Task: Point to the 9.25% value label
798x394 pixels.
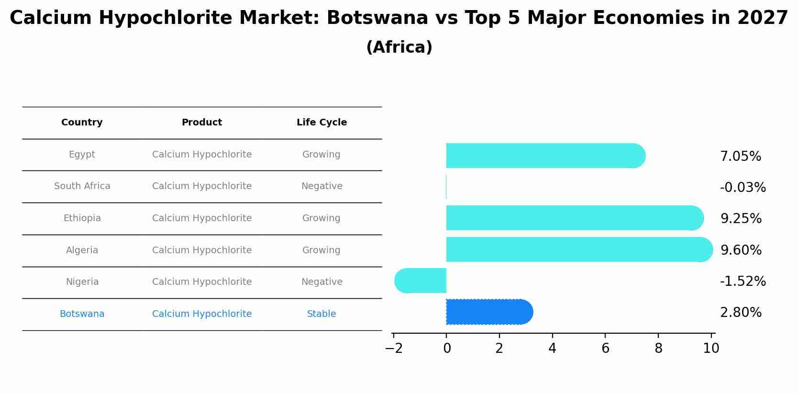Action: pyautogui.click(x=741, y=219)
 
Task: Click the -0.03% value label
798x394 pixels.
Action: pyautogui.click(x=743, y=188)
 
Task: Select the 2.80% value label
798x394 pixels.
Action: pyautogui.click(x=741, y=313)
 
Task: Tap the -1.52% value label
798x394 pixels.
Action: pyautogui.click(x=743, y=281)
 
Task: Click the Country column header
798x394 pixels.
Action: pyautogui.click(x=82, y=123)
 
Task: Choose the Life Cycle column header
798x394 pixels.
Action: pyautogui.click(x=321, y=123)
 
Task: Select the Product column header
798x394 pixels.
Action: pyautogui.click(x=201, y=123)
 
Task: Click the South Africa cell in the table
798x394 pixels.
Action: pyautogui.click(x=82, y=186)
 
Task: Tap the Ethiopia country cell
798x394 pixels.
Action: pyautogui.click(x=82, y=218)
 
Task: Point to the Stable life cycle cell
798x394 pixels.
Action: pyautogui.click(x=321, y=314)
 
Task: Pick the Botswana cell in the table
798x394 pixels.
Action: pyautogui.click(x=82, y=314)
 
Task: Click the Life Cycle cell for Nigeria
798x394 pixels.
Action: pyautogui.click(x=321, y=282)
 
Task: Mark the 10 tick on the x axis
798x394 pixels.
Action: pyautogui.click(x=711, y=349)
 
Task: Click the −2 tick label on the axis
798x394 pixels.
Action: pyautogui.click(x=393, y=349)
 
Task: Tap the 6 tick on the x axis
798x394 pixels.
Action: pyautogui.click(x=605, y=349)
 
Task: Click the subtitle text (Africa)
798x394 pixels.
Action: pyautogui.click(x=399, y=47)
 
